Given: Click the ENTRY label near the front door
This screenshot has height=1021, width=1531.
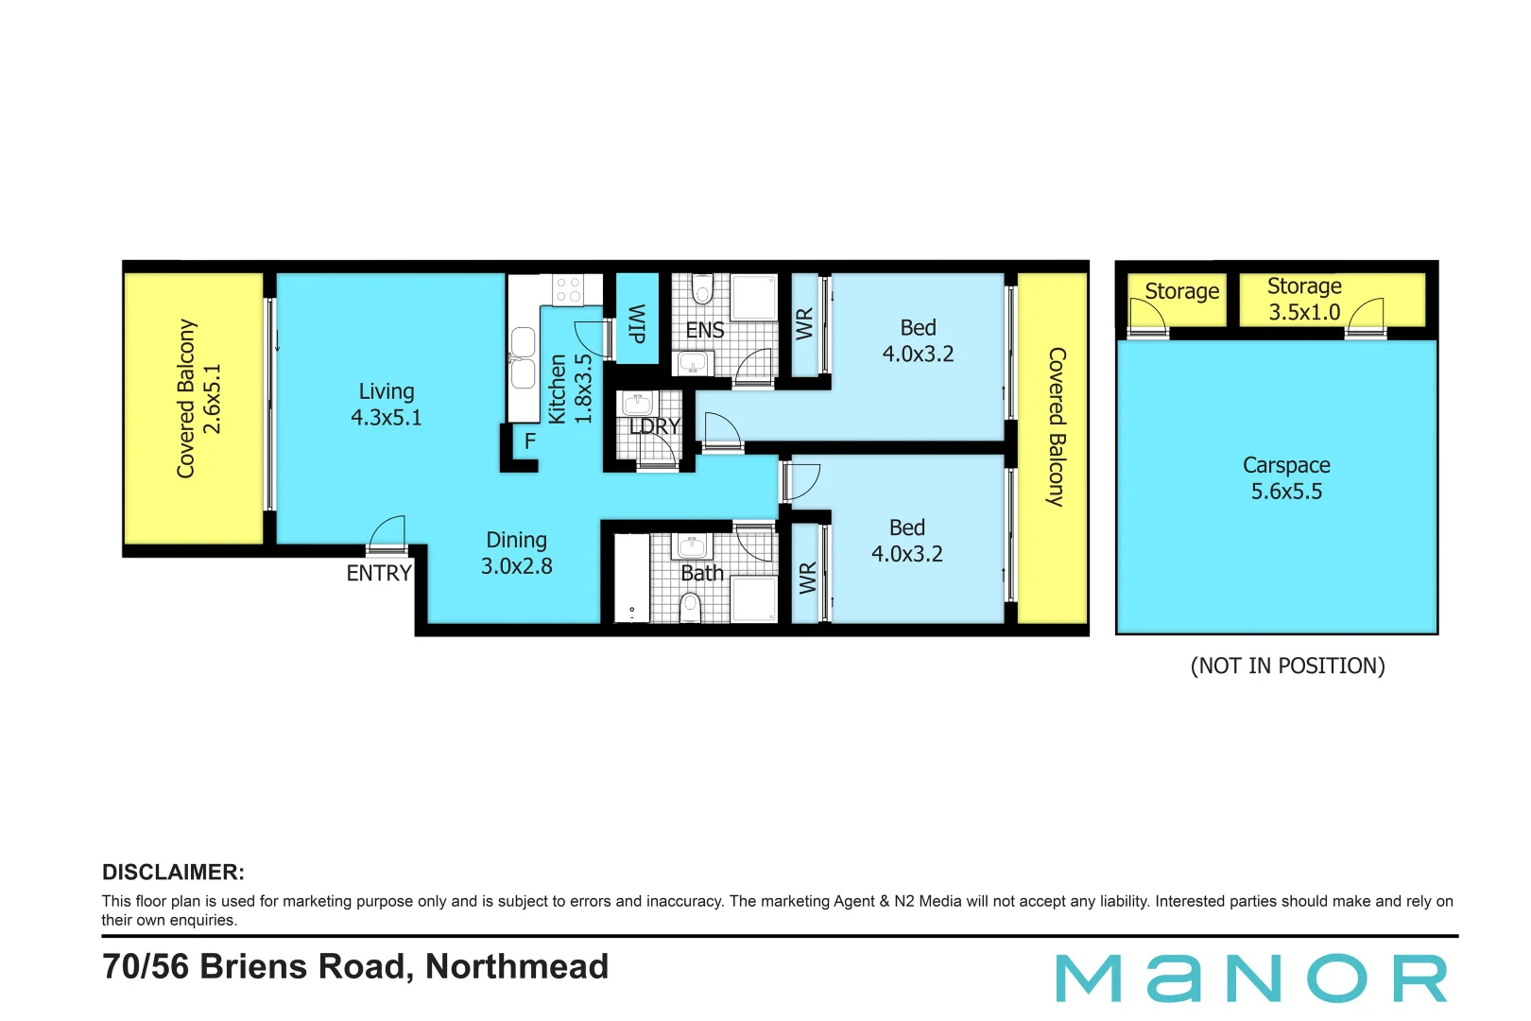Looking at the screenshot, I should [x=379, y=573].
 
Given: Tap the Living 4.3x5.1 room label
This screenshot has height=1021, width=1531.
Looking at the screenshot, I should [x=387, y=405].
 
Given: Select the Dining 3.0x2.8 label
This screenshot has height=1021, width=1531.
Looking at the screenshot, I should [x=517, y=553].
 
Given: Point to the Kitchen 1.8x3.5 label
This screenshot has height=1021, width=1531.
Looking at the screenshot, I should [x=570, y=389].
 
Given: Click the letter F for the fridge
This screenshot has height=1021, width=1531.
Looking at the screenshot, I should [x=530, y=441].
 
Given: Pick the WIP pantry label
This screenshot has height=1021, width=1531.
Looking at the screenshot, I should [x=637, y=323].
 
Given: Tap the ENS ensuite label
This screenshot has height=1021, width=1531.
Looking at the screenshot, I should [x=705, y=330].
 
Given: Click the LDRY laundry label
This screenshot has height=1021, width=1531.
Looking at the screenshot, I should [x=655, y=426].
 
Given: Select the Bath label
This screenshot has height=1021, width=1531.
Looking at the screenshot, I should [x=702, y=573].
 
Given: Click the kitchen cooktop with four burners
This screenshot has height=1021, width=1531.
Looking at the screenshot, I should [x=568, y=289].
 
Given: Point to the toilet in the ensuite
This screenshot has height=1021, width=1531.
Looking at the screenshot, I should [x=702, y=289].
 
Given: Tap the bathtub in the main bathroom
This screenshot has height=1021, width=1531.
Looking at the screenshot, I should [x=631, y=579].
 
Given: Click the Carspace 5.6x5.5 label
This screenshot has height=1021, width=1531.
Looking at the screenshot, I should [x=1286, y=478].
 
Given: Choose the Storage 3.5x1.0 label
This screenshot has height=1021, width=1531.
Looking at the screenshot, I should [x=1304, y=299].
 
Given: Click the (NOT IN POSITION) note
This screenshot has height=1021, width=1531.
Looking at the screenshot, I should [x=1287, y=666].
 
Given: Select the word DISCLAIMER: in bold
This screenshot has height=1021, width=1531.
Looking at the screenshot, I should [x=173, y=872].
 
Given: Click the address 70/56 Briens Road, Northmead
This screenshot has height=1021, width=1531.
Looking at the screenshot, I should [x=355, y=966].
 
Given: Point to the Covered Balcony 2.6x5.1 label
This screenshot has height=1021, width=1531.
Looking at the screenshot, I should [x=198, y=398].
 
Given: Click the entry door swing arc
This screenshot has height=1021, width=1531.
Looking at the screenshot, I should [x=387, y=532].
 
